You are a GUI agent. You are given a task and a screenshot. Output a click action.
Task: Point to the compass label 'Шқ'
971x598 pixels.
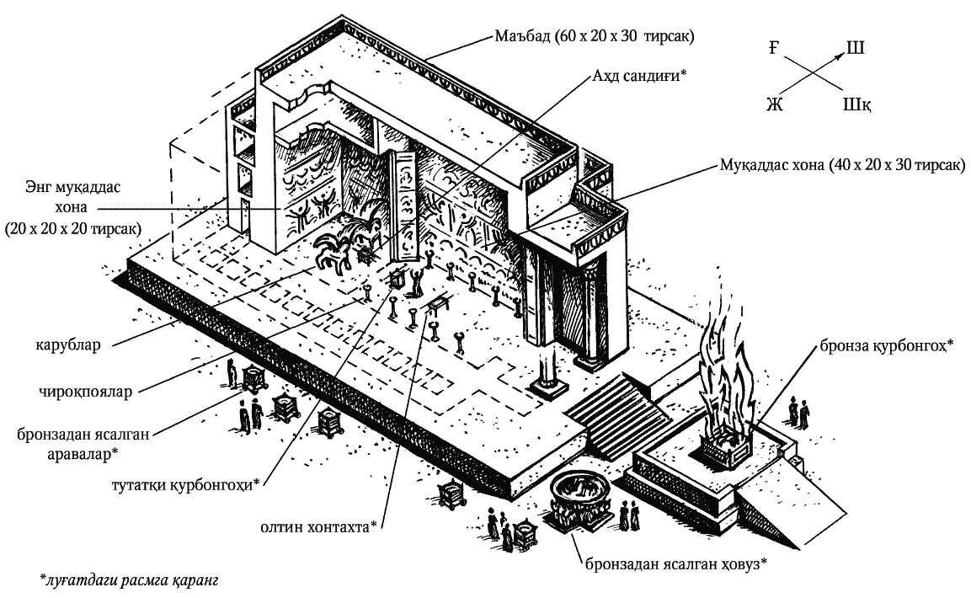click(x=856, y=104)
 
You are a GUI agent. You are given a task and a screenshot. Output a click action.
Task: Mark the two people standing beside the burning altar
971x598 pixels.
click(x=798, y=412)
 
